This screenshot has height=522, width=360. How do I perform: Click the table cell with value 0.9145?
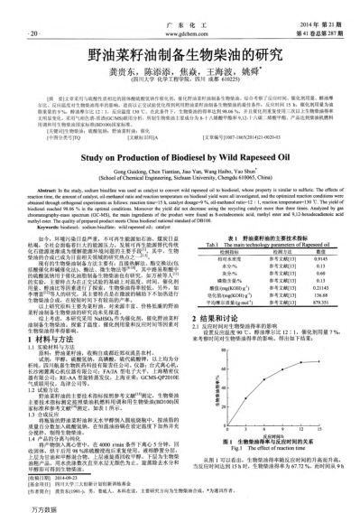coord(316,283)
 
